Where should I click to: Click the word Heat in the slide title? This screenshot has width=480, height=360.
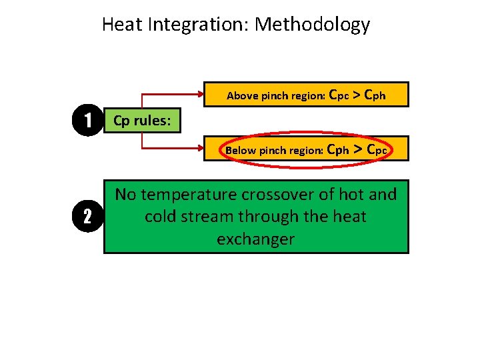(123, 25)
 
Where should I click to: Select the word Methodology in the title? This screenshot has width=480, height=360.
(312, 25)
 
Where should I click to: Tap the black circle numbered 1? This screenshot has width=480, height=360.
(87, 121)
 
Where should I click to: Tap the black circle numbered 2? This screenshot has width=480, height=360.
(87, 216)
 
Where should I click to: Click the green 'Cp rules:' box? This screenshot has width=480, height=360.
(142, 121)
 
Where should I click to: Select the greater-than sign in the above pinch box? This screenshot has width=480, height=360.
(357, 95)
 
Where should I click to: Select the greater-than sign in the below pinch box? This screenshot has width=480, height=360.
(357, 150)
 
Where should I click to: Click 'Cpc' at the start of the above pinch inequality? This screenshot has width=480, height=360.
(339, 95)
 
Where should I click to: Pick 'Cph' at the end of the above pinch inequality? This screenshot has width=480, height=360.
(375, 95)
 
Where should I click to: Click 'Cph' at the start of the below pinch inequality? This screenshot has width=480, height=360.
(339, 150)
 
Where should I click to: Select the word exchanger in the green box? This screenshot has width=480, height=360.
(255, 239)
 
